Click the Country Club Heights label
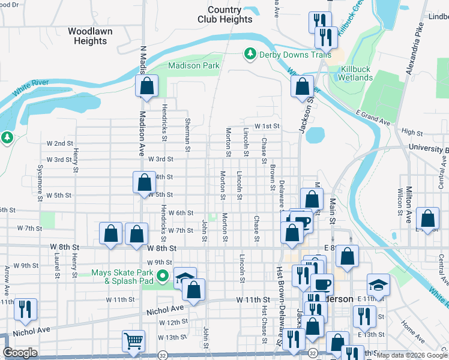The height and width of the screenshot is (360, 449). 225,14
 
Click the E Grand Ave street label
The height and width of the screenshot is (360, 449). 373,118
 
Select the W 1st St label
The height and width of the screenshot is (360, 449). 267,126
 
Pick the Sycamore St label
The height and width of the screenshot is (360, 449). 40,179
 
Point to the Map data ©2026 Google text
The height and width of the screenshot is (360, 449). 411,355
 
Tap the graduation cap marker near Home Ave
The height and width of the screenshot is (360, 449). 378,284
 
